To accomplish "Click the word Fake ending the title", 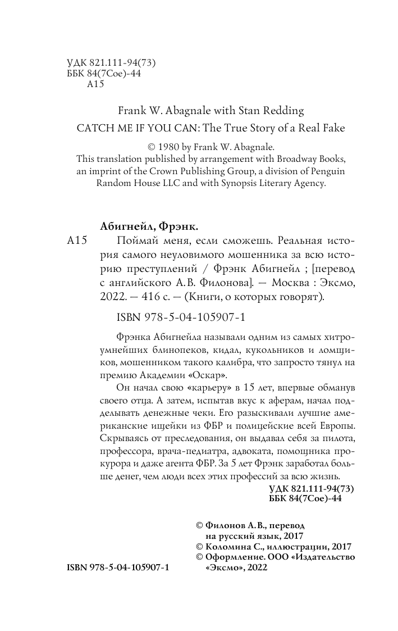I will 333,128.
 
